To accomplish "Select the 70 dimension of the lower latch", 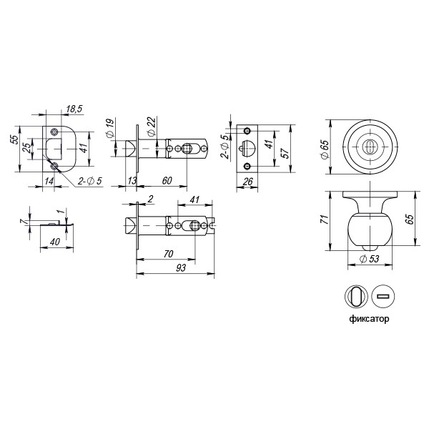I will coord(169,253).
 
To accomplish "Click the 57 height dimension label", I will coord(285,152).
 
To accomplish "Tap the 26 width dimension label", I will coord(247,182).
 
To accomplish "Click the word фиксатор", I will coord(370,318).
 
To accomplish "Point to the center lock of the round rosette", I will coord(369,147).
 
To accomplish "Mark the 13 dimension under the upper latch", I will coord(132,181).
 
